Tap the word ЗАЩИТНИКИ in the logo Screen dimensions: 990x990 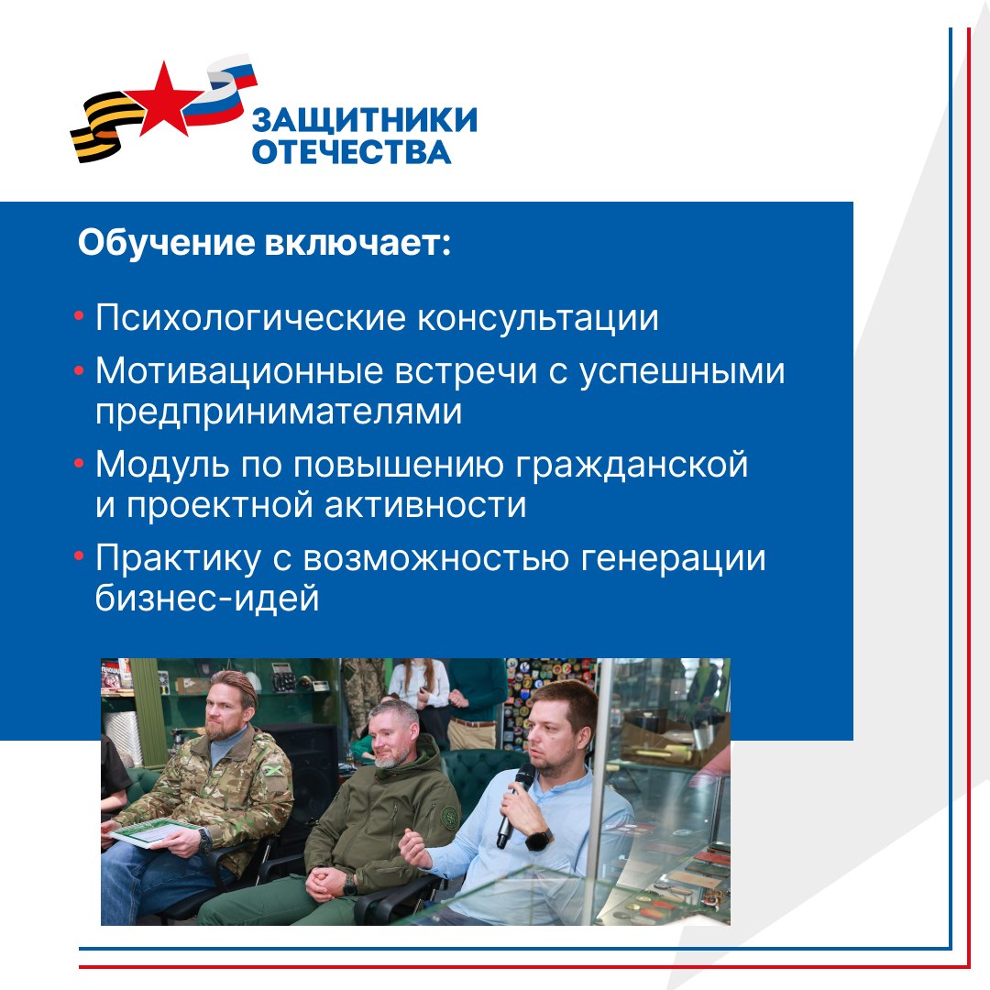pos(364,120)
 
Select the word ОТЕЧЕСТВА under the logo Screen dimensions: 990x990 pos(352,152)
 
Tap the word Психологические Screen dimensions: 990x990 pos(250,317)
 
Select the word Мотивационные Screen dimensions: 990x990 pos(239,370)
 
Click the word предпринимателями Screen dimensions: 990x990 pos(279,412)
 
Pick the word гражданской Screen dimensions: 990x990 pos(632,466)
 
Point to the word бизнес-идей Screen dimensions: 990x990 pos(207,598)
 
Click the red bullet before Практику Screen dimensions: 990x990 pos(79,556)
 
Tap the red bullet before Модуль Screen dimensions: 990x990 pos(79,464)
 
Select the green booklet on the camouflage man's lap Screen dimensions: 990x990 pos(150,831)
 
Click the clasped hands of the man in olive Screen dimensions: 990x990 pos(328,882)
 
